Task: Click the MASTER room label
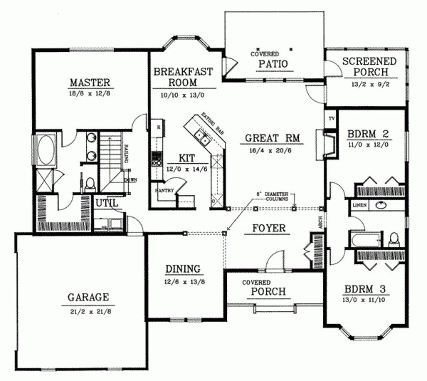[x=90, y=82]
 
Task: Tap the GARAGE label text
[x=88, y=297]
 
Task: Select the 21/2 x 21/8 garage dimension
[x=88, y=311]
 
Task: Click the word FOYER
[x=269, y=228]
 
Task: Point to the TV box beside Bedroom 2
[x=332, y=119]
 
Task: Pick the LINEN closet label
[x=359, y=205]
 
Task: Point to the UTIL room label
[x=107, y=203]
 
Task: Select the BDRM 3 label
[x=365, y=289]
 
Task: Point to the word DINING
[x=183, y=269]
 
